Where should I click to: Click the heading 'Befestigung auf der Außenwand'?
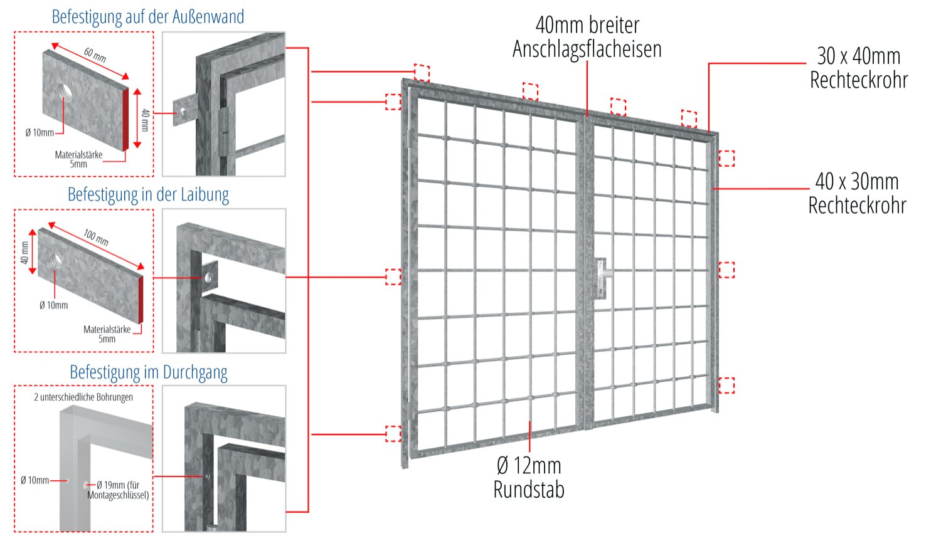coord(148,17)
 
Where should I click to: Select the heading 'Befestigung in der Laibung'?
coord(148,194)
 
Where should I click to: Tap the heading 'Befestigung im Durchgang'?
coord(148,372)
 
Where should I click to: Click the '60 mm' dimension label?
coord(95,55)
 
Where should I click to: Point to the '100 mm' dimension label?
coord(96,237)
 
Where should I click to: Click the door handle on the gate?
coord(602,276)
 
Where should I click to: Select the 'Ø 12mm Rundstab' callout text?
coord(529,477)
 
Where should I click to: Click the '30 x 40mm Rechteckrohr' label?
coord(858,68)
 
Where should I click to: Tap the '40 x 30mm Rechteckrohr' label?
coord(857,193)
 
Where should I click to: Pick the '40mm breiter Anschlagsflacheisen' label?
coord(587,37)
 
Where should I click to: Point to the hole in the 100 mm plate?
coord(57,258)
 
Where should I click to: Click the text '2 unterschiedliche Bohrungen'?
coord(83,397)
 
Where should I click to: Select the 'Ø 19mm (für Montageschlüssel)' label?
coord(119,490)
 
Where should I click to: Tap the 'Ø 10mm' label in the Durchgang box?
coord(35,480)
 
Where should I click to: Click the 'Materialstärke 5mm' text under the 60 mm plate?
coord(78,159)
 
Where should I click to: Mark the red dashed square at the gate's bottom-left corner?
coord(393,434)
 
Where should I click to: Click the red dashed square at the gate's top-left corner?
coord(393,102)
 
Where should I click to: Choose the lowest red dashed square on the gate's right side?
coord(726,385)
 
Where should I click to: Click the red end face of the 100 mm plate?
coord(141,299)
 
